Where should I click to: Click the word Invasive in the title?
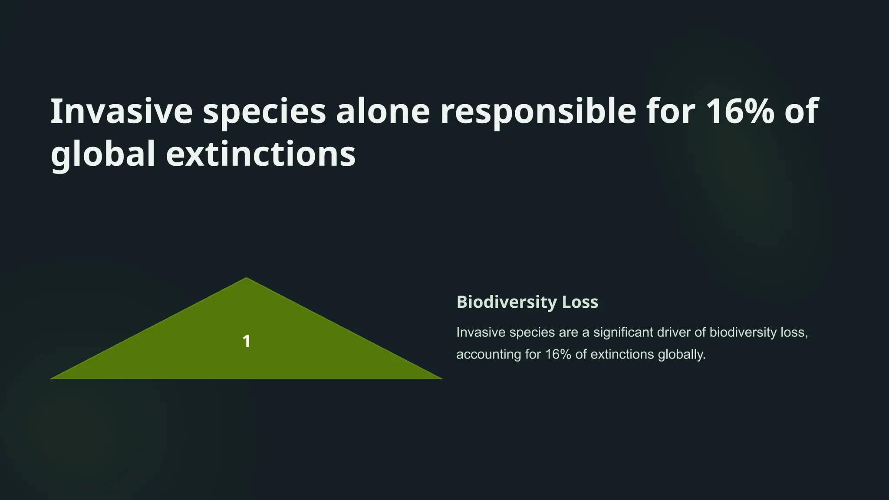121,111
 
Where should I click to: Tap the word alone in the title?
382,111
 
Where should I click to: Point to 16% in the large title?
740,111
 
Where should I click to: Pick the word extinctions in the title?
260,154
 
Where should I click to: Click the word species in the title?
264,111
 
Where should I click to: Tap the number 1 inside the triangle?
246,341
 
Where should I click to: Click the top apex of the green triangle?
246,279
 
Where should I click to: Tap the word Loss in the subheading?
580,302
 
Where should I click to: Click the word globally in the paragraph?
682,355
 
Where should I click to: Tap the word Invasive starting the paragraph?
481,332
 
